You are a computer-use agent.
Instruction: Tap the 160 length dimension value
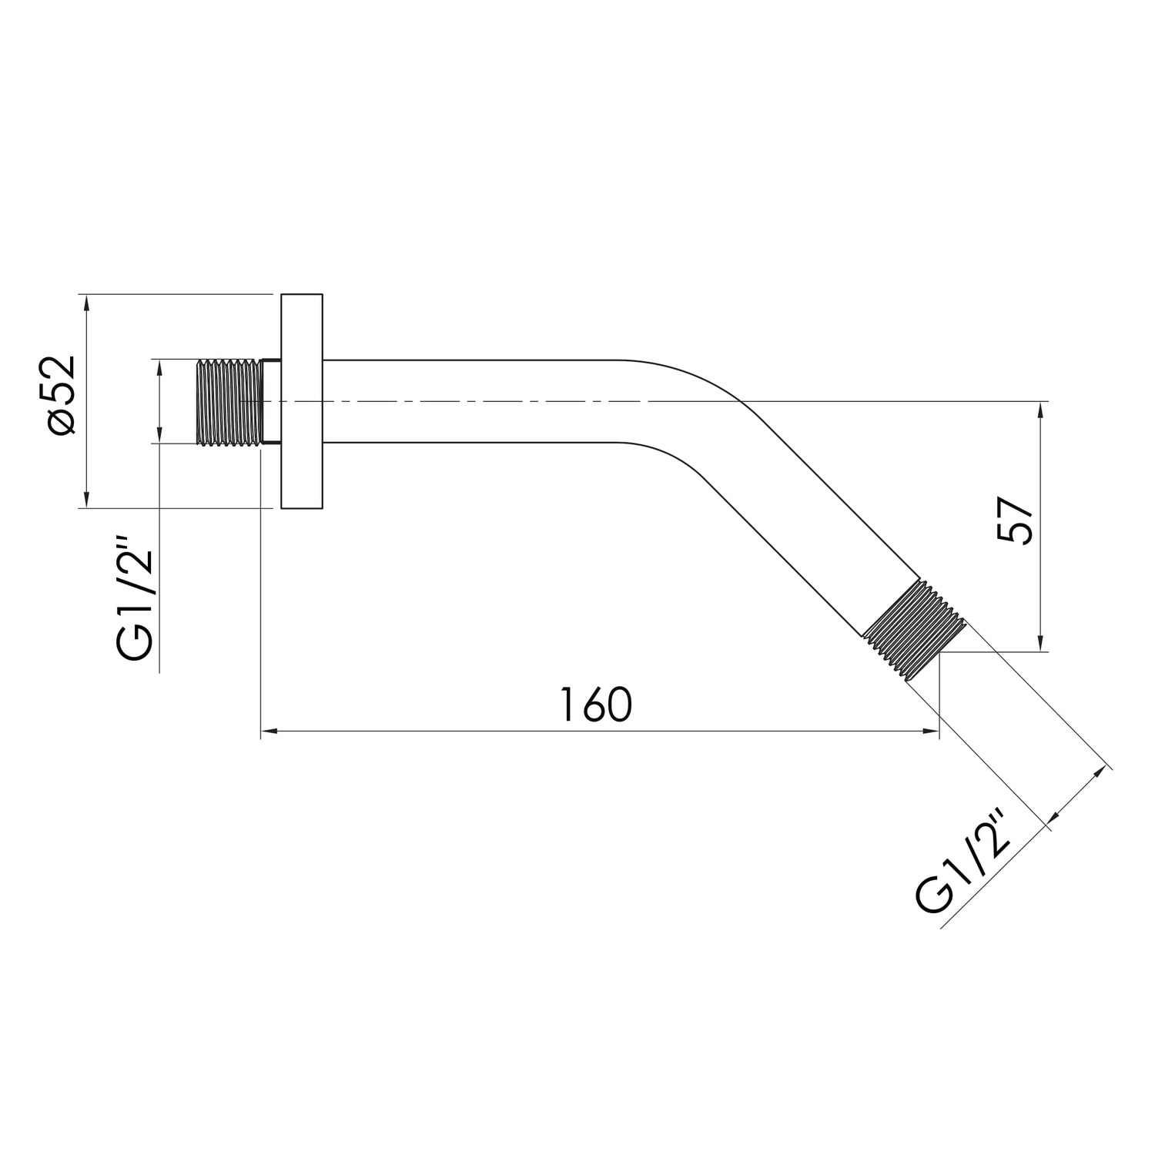click(x=595, y=705)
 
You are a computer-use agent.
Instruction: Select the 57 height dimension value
click(x=1014, y=521)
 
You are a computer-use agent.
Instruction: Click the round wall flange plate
click(x=302, y=401)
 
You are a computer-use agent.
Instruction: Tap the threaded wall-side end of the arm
click(x=229, y=401)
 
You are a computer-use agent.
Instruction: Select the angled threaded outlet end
click(x=915, y=628)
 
